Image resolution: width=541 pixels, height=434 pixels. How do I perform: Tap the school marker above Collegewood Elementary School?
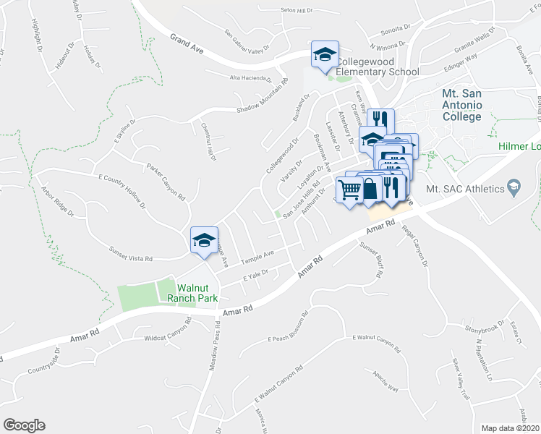coord(325,55)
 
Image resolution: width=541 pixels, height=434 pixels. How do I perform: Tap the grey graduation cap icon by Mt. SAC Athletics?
coord(514,187)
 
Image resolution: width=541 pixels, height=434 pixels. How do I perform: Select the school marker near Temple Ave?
coord(204,240)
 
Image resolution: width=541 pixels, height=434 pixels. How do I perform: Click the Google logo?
coord(24,425)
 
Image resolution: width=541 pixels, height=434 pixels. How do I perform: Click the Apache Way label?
coord(385,381)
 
